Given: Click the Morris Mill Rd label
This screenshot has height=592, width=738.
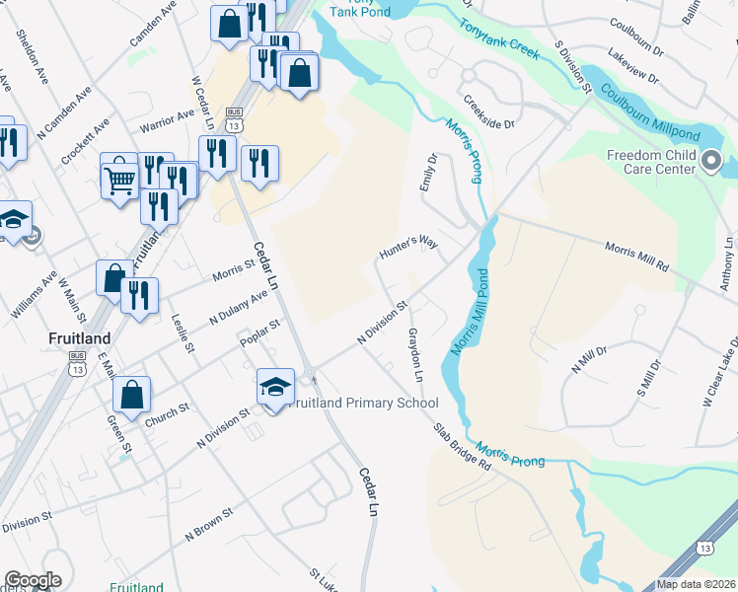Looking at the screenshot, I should coord(637,257).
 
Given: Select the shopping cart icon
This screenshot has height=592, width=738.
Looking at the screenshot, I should coord(119,179).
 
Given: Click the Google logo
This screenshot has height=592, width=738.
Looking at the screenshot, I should coord(33,580).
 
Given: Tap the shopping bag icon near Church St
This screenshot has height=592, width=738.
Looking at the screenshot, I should coord(131,395).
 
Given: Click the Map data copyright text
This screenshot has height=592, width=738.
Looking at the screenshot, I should coord(697,584).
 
